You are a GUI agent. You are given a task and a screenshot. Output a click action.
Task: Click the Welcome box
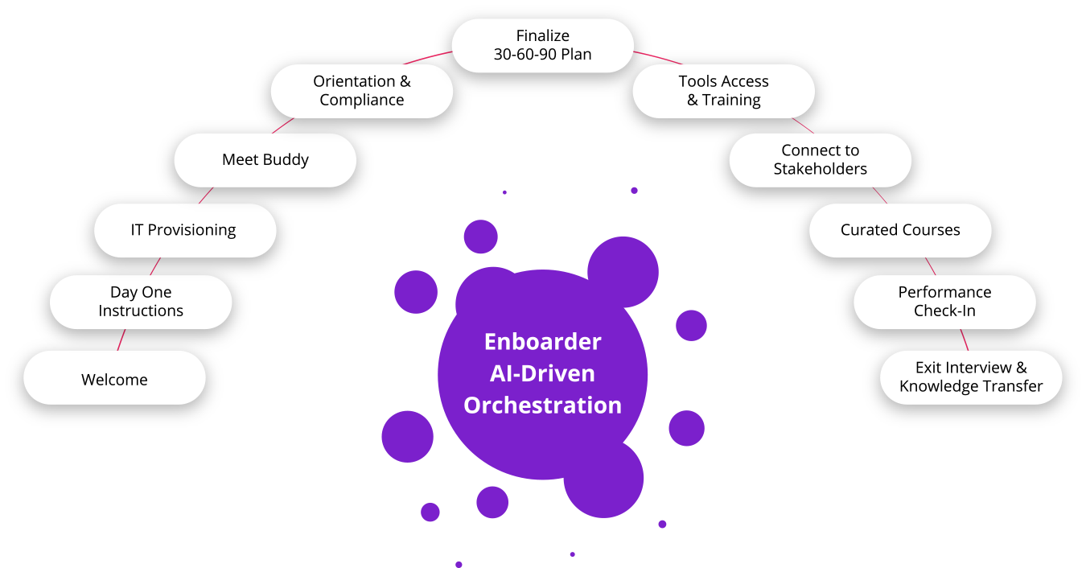pos(114,378)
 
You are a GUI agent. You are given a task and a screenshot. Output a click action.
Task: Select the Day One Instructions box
pos(141,302)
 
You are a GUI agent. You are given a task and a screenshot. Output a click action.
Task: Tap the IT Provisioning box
pos(184,230)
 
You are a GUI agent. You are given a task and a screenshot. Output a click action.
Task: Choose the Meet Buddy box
pos(265,160)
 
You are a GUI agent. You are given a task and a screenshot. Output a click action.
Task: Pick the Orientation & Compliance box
pos(361,91)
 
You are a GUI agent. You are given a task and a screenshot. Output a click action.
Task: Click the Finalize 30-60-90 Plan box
pos(542,45)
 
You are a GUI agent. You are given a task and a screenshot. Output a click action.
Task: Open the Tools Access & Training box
pos(723,91)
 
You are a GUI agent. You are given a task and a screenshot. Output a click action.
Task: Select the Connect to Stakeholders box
pos(820,160)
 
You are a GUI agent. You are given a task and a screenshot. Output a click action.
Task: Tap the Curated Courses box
pos(900,230)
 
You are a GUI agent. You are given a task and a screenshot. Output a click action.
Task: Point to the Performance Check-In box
pos(944,302)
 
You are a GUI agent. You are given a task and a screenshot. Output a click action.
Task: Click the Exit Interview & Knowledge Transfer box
pos(971,377)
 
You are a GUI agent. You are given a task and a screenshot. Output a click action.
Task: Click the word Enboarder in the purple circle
pos(542,342)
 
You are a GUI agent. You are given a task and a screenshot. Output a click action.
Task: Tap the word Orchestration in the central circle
pos(542,405)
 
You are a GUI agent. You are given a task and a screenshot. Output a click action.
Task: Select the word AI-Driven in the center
pos(542,373)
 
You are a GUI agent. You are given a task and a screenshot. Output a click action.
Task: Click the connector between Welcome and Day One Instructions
pos(121,340)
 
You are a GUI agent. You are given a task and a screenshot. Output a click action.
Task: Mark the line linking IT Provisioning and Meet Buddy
pos(204,196)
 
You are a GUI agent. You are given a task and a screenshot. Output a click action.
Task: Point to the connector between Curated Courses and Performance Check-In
pos(930,266)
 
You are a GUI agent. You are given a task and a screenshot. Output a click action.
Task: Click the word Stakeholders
pos(820,169)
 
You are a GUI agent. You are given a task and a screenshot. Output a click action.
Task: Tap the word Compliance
pos(361,101)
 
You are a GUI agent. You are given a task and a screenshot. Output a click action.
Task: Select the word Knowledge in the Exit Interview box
pos(933,387)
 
